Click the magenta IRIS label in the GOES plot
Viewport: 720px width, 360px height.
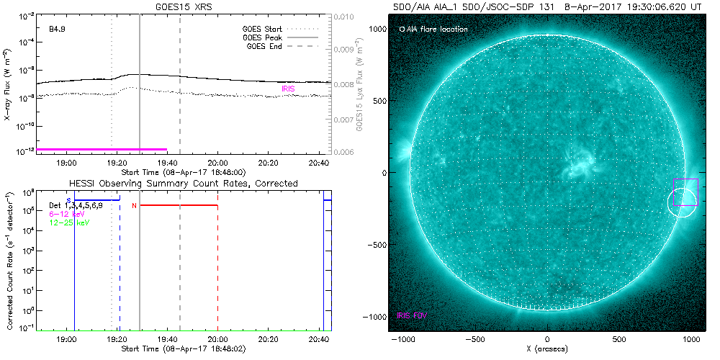pyautogui.click(x=288, y=88)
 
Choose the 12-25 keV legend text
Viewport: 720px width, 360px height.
pyautogui.click(x=67, y=223)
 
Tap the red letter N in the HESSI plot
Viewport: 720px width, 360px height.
pyautogui.click(x=134, y=207)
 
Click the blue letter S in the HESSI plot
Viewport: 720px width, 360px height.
pyautogui.click(x=68, y=200)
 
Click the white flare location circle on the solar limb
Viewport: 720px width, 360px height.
pyautogui.click(x=682, y=202)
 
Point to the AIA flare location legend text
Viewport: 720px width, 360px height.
pyautogui.click(x=436, y=30)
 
